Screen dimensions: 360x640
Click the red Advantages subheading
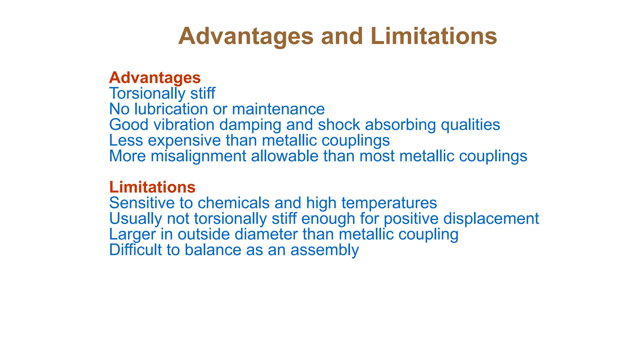pos(155,78)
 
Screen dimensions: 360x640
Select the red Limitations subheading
pos(152,187)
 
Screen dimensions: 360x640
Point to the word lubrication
pos(171,109)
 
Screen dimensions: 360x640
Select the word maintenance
pos(278,109)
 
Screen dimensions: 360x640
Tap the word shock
pos(339,125)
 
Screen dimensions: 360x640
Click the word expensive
pos(184,140)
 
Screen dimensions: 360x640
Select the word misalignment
pos(198,156)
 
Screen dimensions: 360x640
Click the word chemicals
pos(233,203)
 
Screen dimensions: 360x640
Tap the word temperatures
pos(389,203)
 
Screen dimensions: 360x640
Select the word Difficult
pos(137,250)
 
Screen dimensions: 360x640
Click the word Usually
pos(135,218)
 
